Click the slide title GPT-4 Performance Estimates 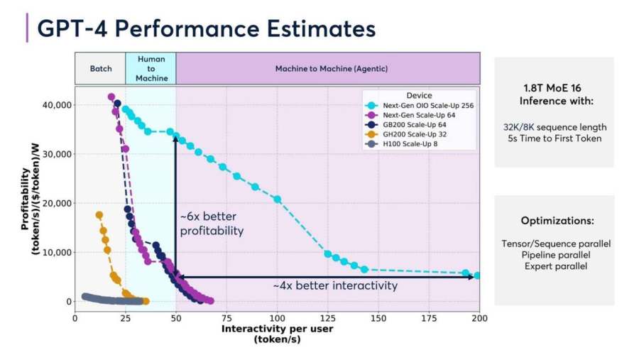[206, 29]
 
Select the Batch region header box [100, 69]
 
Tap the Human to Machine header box [151, 69]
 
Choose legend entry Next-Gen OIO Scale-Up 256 [423, 105]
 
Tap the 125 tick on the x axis [328, 318]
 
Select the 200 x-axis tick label [480, 318]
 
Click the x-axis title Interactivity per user [278, 329]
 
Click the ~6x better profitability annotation [211, 222]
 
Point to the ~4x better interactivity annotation [335, 286]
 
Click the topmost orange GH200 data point [99, 215]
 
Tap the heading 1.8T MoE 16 [554, 94]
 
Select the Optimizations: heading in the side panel [554, 221]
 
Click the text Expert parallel [554, 266]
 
